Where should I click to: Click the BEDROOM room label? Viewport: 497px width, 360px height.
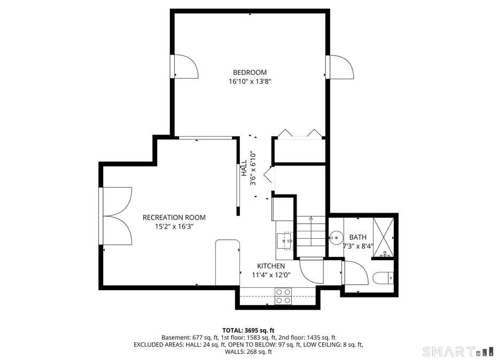(250, 73)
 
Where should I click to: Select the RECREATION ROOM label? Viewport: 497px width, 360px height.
(174, 217)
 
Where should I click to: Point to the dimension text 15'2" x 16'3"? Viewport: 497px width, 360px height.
(174, 226)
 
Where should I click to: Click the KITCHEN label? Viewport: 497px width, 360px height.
(271, 266)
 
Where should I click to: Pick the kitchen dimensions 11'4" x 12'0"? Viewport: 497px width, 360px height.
(271, 275)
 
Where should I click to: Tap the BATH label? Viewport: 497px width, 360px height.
(358, 237)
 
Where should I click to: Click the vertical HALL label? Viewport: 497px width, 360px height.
(244, 168)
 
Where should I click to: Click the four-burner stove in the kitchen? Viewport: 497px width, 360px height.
(283, 296)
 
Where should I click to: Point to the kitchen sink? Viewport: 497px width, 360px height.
(284, 241)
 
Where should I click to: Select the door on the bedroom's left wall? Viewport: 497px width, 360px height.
(184, 66)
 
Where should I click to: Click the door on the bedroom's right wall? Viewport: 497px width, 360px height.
(340, 67)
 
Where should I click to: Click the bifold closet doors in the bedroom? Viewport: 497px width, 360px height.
(299, 134)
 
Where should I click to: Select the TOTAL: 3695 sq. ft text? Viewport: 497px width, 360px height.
(248, 330)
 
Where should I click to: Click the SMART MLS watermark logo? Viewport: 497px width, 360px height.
(457, 351)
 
